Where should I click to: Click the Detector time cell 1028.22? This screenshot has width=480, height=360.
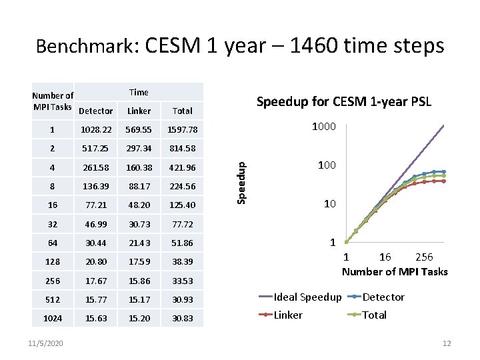(96, 129)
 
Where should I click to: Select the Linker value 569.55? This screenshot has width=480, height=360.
(139, 129)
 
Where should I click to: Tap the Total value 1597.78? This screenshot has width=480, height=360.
(182, 129)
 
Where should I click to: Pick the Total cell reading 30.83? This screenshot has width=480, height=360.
(182, 319)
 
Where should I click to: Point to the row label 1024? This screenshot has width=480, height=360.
(53, 319)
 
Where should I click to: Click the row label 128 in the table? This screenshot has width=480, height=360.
(53, 262)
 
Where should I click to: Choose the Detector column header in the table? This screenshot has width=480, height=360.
(96, 111)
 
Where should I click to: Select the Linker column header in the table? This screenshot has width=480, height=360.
(139, 111)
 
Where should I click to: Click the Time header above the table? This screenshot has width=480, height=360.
(139, 92)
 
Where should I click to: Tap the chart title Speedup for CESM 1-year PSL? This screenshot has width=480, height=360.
(344, 102)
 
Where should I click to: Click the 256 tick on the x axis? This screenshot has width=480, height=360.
(424, 257)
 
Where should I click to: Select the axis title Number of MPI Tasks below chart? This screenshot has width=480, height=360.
(395, 271)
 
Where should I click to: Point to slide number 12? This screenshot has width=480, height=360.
(447, 343)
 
